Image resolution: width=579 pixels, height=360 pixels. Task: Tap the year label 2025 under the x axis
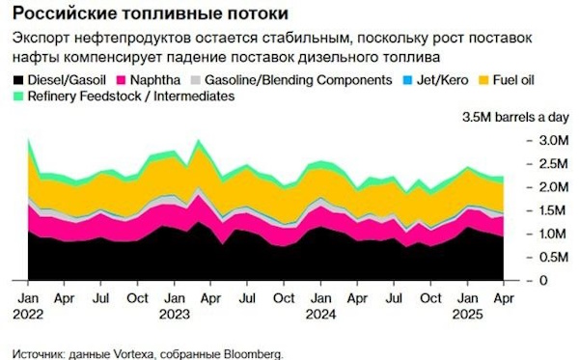465,314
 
